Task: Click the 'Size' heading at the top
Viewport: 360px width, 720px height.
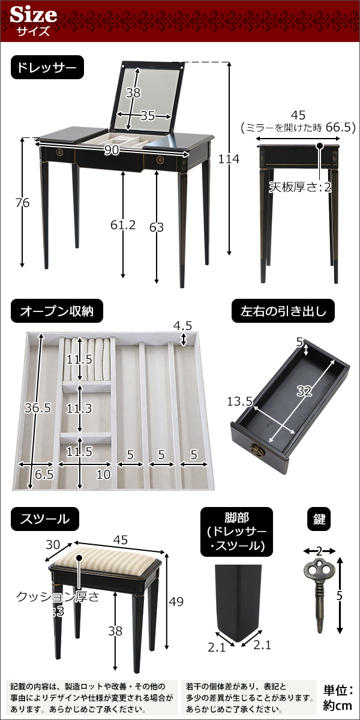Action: [34, 14]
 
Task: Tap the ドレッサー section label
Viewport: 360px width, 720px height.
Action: [47, 68]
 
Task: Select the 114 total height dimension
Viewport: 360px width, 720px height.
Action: [229, 159]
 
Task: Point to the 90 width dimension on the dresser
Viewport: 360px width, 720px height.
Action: [112, 151]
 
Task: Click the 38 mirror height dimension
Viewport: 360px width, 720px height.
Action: [133, 92]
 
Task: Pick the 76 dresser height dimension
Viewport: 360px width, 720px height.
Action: [22, 203]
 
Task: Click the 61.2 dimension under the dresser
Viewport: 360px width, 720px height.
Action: [124, 225]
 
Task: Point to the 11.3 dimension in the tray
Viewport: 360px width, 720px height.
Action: [79, 409]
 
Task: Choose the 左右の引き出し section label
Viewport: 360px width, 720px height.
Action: [283, 311]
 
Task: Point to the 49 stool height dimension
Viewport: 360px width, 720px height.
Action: [176, 601]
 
